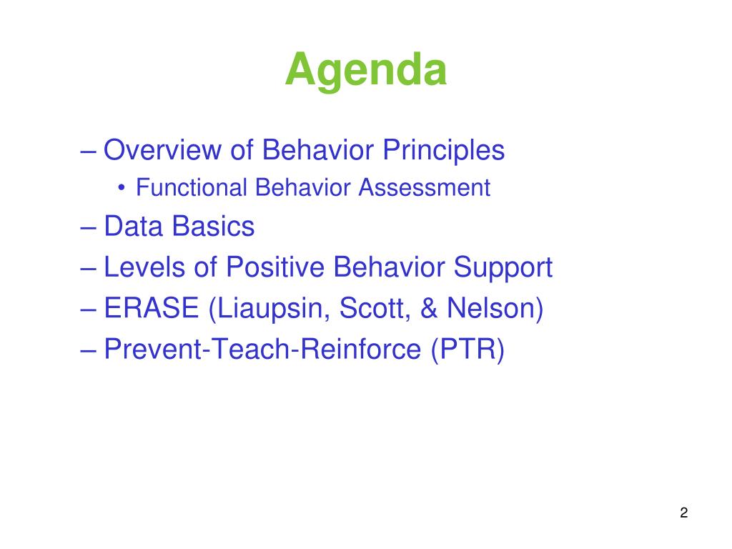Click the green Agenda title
click(x=366, y=70)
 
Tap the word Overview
click(x=162, y=150)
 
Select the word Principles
click(x=443, y=151)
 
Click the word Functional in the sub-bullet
click(x=191, y=188)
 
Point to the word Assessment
click(x=424, y=188)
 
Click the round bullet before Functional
click(x=122, y=188)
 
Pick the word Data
click(x=133, y=227)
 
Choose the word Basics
click(x=213, y=227)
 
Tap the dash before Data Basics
click(x=88, y=228)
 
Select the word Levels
click(x=144, y=267)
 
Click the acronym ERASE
click(x=152, y=308)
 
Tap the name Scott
click(x=375, y=309)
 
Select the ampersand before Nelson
click(x=429, y=308)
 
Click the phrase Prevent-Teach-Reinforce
click(x=262, y=349)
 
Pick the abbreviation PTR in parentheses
click(x=468, y=349)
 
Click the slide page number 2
click(x=684, y=513)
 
